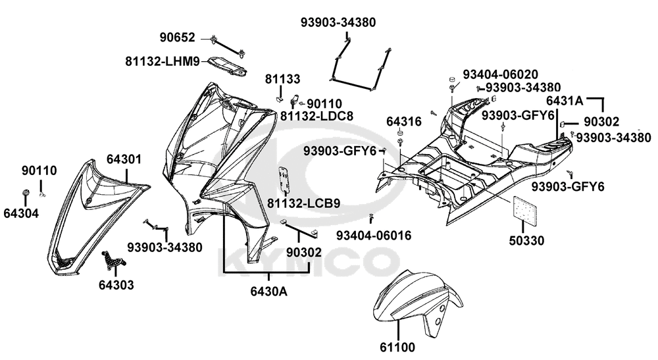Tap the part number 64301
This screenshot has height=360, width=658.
[124, 159]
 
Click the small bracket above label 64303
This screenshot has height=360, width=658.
[113, 261]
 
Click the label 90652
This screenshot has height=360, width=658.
[177, 37]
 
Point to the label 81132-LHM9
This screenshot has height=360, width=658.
[162, 61]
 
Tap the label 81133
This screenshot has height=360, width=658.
[283, 79]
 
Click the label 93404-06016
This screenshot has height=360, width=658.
[374, 235]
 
